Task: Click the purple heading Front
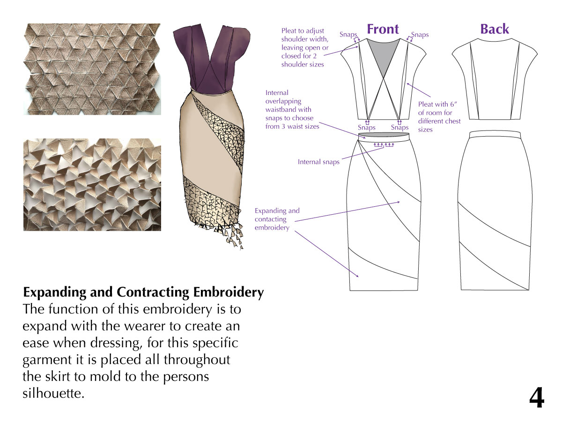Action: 383,29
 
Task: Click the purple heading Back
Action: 495,29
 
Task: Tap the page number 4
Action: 537,399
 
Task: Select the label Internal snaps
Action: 318,162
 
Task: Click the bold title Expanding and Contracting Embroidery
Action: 143,293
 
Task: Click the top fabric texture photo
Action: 92,69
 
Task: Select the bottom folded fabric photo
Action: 92,184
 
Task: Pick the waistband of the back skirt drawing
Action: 495,133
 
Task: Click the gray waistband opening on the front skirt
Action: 383,137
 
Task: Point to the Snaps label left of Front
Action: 348,35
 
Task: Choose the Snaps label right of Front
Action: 420,35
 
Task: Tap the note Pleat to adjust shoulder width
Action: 303,48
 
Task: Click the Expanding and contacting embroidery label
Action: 277,219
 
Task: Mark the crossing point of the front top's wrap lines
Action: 384,82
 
